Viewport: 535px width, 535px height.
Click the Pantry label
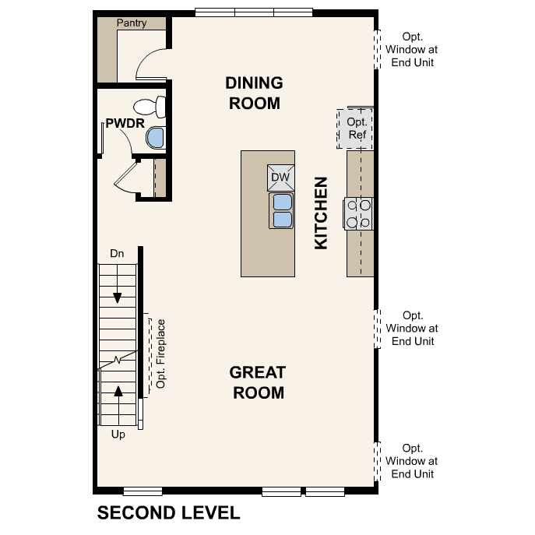pos(132,23)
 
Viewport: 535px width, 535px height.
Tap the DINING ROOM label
pos(253,93)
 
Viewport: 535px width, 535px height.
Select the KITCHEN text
pos(321,213)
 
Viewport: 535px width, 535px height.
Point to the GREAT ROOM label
pos(257,382)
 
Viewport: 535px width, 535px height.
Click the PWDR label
pos(121,123)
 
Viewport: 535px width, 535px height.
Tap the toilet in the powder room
pos(150,106)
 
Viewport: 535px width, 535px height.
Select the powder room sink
pos(156,138)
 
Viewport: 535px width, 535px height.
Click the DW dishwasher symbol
pos(280,178)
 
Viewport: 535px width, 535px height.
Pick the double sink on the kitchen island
pos(281,210)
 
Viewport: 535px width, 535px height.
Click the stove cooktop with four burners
pos(359,214)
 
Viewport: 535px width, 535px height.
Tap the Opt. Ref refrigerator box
pos(356,128)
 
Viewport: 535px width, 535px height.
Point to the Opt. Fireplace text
pos(161,354)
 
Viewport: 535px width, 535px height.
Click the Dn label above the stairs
pos(117,253)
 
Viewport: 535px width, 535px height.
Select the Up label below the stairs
pos(118,435)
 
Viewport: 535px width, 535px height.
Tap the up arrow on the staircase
pos(118,391)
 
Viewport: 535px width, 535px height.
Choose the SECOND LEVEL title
pos(168,512)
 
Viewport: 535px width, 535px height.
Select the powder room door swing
pos(125,178)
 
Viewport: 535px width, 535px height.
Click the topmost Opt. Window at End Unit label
pos(412,49)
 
